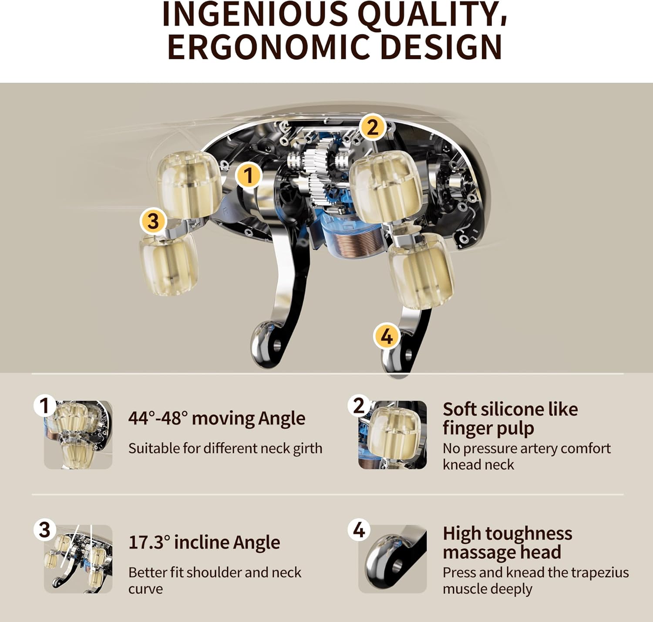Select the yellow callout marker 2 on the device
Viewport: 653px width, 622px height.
tap(372, 127)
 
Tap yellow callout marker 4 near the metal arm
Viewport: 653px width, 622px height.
tap(386, 337)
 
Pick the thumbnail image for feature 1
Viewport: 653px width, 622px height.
tap(78, 435)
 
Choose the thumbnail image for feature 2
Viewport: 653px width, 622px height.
tap(393, 435)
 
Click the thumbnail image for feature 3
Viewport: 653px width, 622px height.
tap(78, 559)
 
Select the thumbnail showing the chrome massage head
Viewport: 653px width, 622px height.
tap(393, 559)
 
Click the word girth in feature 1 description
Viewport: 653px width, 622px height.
tap(308, 449)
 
